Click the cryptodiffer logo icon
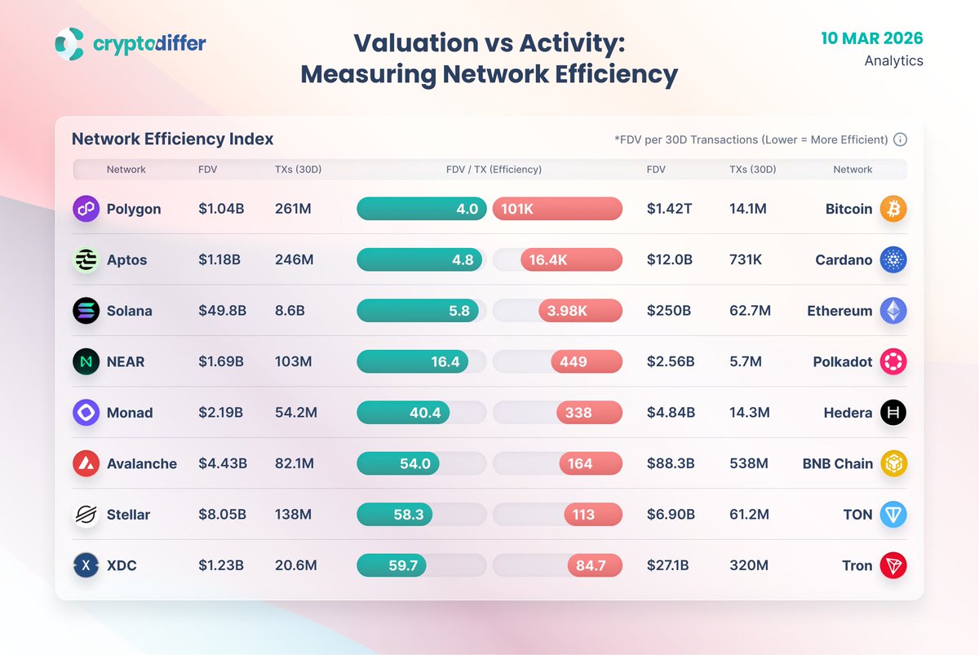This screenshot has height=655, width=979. click(69, 43)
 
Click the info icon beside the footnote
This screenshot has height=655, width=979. click(900, 139)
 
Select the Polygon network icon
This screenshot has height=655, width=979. click(86, 209)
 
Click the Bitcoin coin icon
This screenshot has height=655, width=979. click(893, 209)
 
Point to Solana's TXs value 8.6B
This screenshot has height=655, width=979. click(294, 311)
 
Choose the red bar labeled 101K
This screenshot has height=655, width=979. click(557, 209)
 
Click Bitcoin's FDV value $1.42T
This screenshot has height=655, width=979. click(669, 209)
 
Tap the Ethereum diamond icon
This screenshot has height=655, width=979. click(893, 311)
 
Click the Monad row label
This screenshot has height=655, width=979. click(129, 413)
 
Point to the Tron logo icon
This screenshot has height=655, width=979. click(893, 565)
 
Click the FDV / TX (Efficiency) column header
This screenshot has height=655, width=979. click(494, 170)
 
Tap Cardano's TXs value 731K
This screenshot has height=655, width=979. click(746, 260)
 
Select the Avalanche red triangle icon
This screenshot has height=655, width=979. click(86, 463)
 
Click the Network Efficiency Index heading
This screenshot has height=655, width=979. click(172, 139)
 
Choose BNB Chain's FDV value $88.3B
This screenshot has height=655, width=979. click(671, 463)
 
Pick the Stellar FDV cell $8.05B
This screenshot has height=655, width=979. click(222, 515)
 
